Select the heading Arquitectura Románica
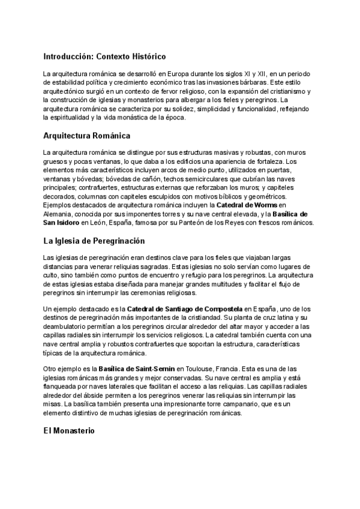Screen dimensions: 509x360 [x=86, y=136]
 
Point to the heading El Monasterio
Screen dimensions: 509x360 [x=69, y=432]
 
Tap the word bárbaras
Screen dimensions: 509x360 [x=281, y=82]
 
